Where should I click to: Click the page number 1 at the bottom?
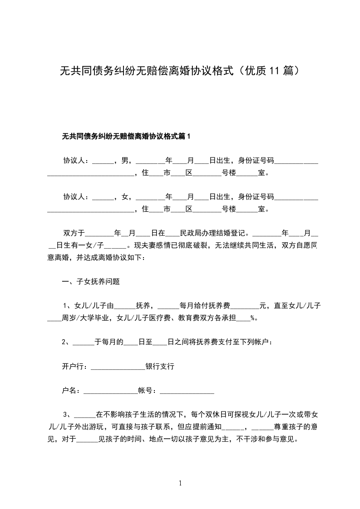pyautogui.click(x=180, y=483)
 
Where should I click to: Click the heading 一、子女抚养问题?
pyautogui.click(x=91, y=281)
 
